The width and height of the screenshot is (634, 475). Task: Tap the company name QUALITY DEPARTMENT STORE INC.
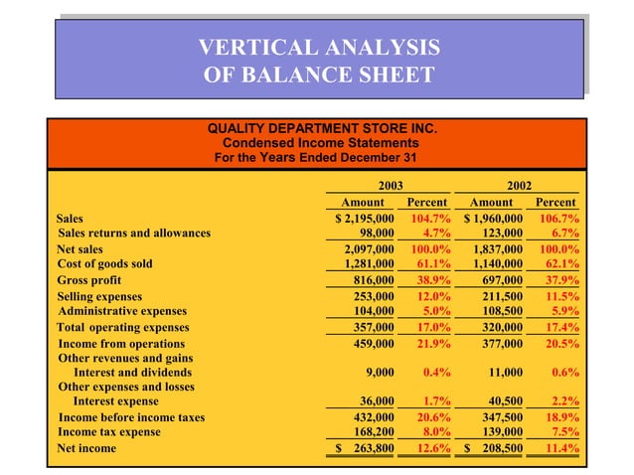(x=323, y=128)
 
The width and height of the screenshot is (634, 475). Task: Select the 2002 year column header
(x=519, y=185)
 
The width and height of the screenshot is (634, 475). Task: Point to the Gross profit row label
(x=86, y=280)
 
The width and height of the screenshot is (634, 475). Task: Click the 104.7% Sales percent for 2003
(x=430, y=218)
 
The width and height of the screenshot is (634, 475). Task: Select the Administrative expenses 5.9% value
(x=562, y=310)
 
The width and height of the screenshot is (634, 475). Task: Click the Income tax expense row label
(x=109, y=432)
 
